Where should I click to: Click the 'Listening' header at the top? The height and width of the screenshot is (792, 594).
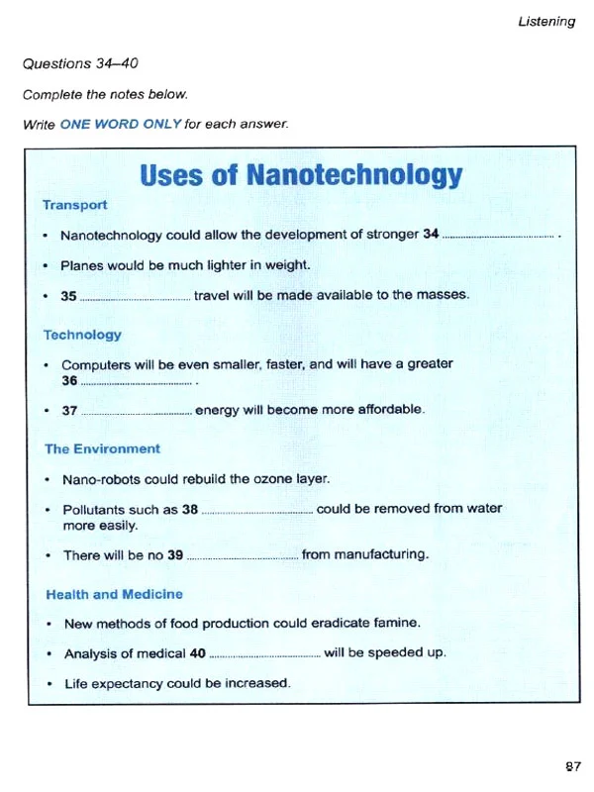point(545,21)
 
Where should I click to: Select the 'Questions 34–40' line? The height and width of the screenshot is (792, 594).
point(80,63)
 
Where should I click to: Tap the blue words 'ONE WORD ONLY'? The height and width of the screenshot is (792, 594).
point(120,125)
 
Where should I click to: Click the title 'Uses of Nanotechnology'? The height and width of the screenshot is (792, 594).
point(301,176)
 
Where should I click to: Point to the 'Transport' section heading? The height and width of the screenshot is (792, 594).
point(74,205)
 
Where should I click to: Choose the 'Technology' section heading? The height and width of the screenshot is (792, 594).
point(82,335)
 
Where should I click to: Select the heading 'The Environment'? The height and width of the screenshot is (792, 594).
point(101,448)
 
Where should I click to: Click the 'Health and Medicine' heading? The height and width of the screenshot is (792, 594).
point(113,594)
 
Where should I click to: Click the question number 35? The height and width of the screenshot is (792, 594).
point(68,295)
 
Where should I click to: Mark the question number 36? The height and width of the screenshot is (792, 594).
point(69,380)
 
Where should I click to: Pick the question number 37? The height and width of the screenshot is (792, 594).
point(70,410)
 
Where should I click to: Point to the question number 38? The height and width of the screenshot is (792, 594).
point(191,509)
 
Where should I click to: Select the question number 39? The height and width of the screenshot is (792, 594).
point(175,555)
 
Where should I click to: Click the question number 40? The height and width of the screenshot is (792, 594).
point(197,653)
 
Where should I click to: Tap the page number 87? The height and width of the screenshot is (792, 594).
point(573,765)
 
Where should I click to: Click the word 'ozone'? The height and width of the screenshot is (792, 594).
point(274,479)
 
